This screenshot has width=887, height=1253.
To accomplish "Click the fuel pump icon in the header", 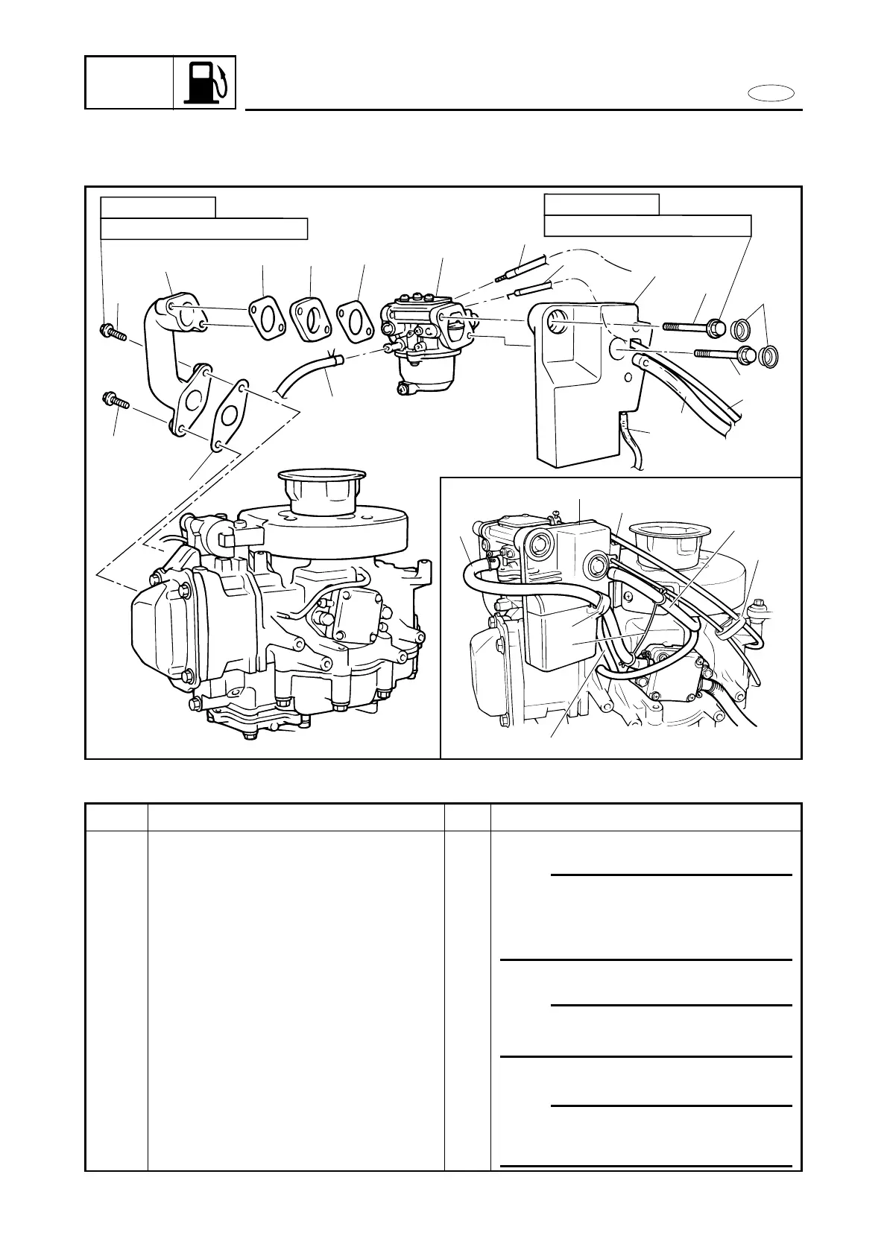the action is point(205,82).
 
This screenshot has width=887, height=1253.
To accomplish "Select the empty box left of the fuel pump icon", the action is point(129,82).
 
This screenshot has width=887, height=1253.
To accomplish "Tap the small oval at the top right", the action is point(771,93).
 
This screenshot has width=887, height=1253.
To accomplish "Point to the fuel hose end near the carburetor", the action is point(338,361).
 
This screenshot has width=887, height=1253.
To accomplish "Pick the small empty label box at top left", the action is point(158,206).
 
